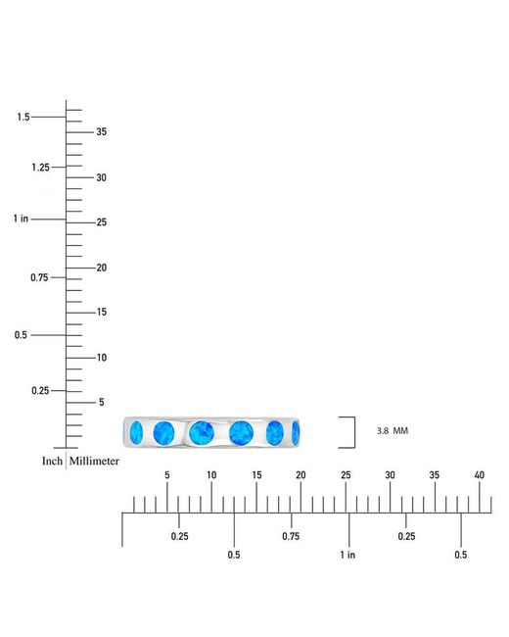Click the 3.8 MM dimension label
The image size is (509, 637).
[393, 430]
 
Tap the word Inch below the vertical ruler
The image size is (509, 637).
[52, 462]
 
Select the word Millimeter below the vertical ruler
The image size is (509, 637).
[94, 462]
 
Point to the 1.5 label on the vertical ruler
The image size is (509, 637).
[23, 117]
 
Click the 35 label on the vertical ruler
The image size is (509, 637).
[102, 131]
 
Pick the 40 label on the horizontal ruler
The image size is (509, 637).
[480, 475]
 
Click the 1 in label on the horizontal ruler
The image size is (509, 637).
[347, 555]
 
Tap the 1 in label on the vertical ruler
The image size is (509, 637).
[21, 219]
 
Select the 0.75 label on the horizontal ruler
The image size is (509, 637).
[291, 536]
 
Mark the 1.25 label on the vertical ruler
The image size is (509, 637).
[40, 167]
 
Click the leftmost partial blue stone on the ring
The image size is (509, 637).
[136, 432]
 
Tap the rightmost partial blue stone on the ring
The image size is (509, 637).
[296, 432]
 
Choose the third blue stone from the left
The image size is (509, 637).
[202, 432]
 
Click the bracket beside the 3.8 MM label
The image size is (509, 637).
[354, 432]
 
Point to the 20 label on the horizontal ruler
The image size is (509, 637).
[301, 475]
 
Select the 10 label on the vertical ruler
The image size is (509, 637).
[102, 358]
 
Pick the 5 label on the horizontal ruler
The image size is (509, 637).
[166, 475]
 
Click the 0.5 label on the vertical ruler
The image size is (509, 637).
[21, 335]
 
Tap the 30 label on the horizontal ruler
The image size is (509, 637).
[391, 475]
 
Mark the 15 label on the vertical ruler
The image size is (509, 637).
[102, 312]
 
